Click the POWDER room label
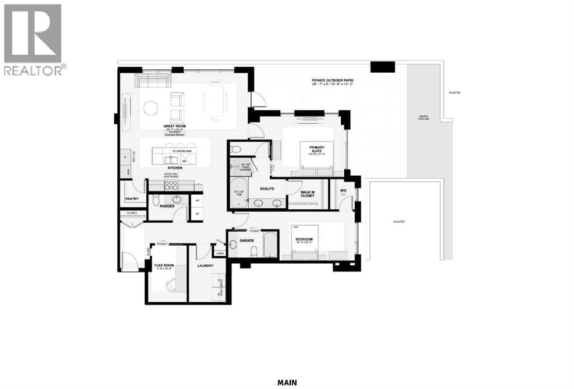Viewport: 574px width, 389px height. [167, 207]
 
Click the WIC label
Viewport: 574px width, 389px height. [344, 190]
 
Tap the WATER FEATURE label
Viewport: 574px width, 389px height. [423, 118]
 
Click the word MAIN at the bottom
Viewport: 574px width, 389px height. [286, 383]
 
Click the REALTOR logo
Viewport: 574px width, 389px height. [33, 39]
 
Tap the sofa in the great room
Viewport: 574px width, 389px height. [150, 82]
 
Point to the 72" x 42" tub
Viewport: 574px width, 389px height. [238, 194]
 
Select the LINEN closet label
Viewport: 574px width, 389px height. [219, 253]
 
